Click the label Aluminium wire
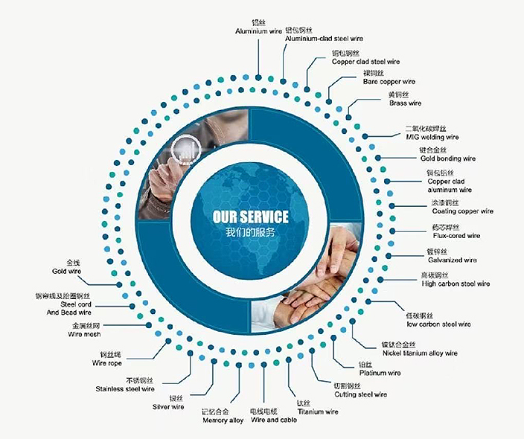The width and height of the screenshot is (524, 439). (x=259, y=31)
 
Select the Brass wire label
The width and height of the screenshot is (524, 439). (x=405, y=103)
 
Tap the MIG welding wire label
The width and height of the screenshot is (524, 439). (x=432, y=137)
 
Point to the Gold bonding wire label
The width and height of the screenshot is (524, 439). (x=447, y=158)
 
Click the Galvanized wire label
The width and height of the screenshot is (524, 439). (x=451, y=260)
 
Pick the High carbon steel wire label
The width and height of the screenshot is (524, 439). (x=456, y=283)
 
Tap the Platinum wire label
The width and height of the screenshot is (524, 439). (x=380, y=373)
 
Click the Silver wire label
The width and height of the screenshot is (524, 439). (x=168, y=407)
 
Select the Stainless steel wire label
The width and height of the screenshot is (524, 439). (x=125, y=389)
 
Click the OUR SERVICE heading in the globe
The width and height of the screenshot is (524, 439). (x=250, y=217)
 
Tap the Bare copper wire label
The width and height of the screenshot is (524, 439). (x=389, y=81)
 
